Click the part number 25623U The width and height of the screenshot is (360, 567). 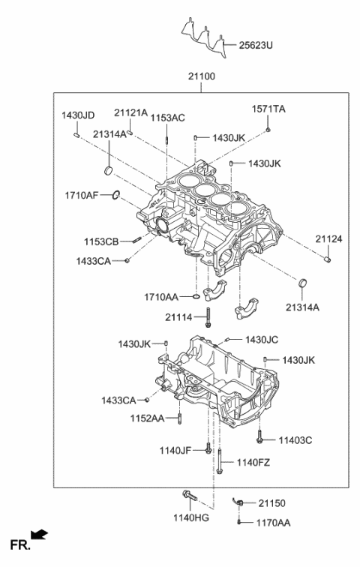click(257, 45)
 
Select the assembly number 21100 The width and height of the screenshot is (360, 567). click(202, 77)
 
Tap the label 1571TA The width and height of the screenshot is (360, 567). click(268, 109)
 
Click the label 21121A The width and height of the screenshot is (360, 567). click(131, 112)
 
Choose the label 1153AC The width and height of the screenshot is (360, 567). click(167, 118)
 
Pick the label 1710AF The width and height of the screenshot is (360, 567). click(81, 196)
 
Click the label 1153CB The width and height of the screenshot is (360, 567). click(100, 241)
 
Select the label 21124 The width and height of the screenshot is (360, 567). click(328, 238)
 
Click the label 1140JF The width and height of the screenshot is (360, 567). click(175, 450)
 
